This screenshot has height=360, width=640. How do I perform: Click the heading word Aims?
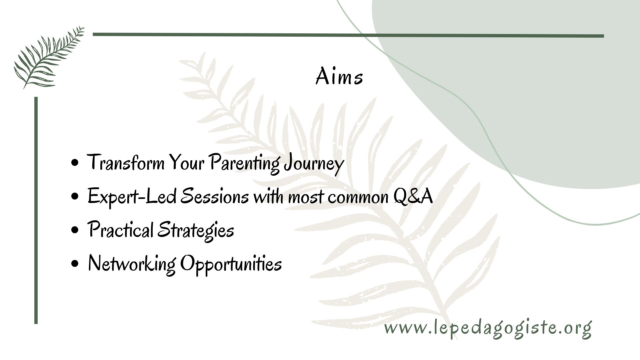coord(339,77)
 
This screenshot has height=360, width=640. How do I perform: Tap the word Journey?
coord(313,164)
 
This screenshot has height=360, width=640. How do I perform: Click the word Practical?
coord(120,230)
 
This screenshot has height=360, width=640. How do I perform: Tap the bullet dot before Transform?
coord(75,163)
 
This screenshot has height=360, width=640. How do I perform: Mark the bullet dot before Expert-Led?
coord(75,197)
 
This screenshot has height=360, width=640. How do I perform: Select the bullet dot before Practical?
coord(75,230)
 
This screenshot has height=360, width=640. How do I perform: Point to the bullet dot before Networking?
coord(75,263)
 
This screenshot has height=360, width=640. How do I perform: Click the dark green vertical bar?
coord(36,210)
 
